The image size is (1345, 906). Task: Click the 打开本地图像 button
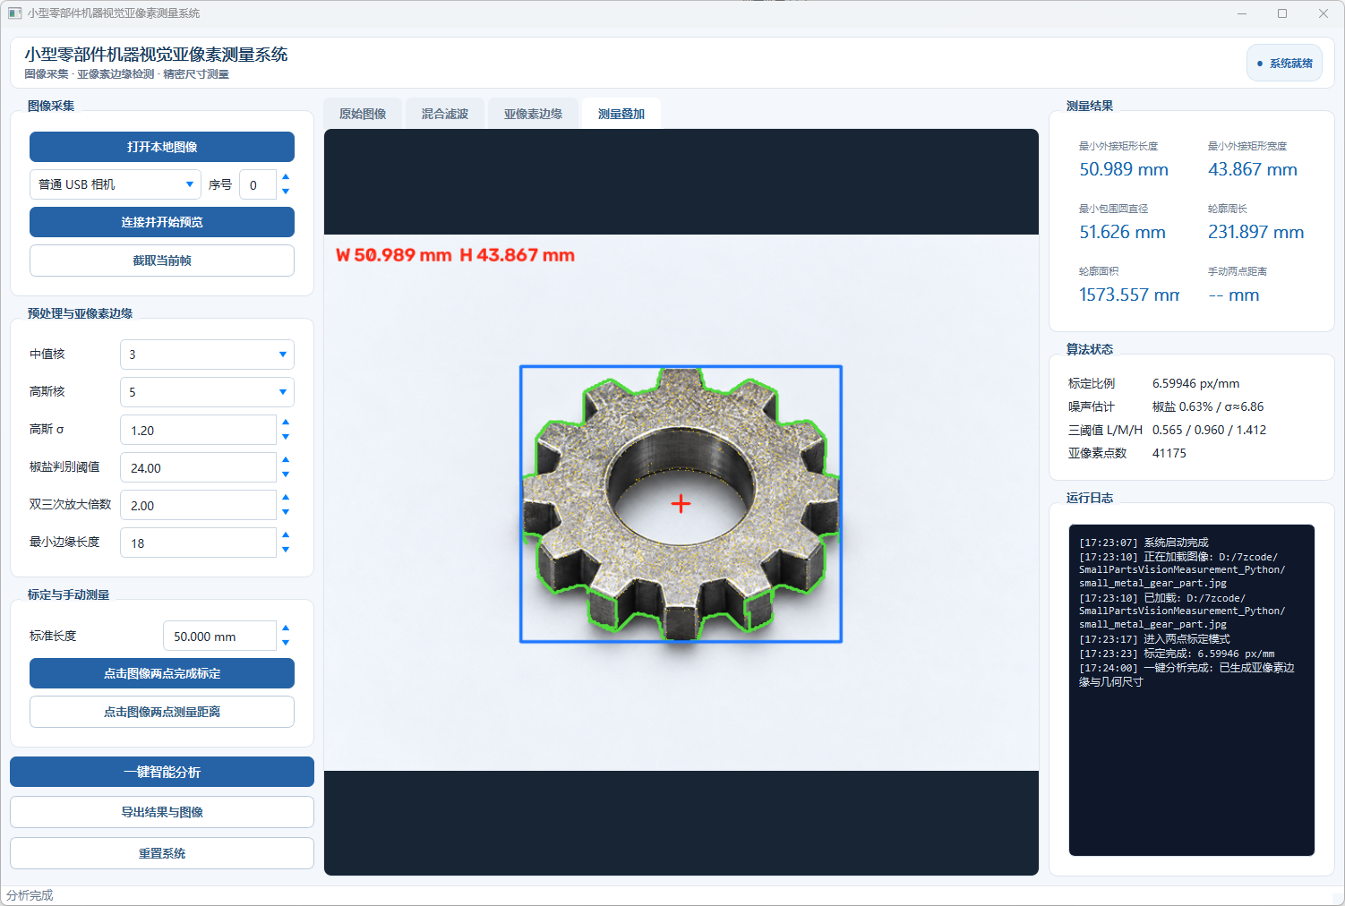pyautogui.click(x=161, y=147)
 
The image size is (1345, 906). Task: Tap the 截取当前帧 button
pyautogui.click(x=161, y=261)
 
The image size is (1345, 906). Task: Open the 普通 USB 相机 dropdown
pyautogui.click(x=115, y=184)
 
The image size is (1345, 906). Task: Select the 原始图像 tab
pyautogui.click(x=362, y=114)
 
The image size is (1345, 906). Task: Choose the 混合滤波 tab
pyautogui.click(x=444, y=114)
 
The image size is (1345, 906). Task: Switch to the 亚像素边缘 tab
pyautogui.click(x=533, y=114)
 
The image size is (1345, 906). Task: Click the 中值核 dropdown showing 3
pyautogui.click(x=207, y=355)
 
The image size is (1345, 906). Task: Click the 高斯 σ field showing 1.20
pyautogui.click(x=198, y=430)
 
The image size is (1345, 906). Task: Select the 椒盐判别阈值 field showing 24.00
pyautogui.click(x=198, y=467)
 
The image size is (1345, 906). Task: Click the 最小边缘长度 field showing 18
pyautogui.click(x=198, y=543)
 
